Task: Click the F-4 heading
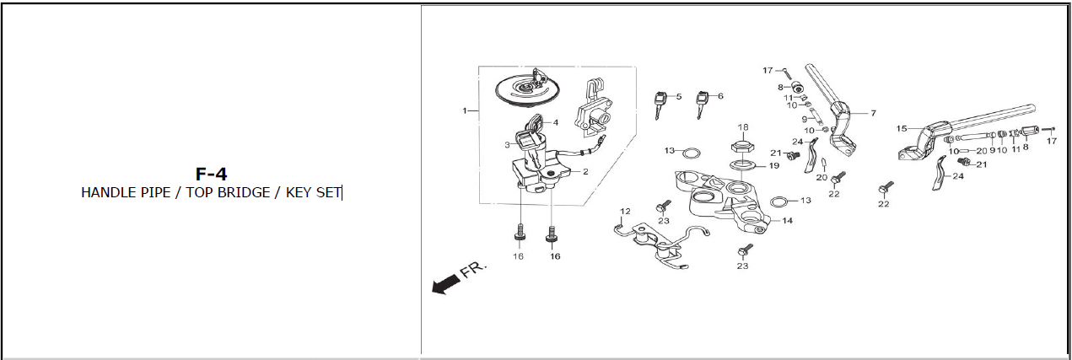211,174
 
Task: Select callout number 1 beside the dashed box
464,111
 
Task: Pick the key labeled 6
703,105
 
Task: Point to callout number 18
743,127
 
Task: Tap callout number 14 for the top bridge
787,220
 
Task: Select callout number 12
625,212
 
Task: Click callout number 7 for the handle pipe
873,113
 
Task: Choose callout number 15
902,129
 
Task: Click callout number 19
774,166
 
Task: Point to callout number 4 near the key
556,122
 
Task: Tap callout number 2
585,172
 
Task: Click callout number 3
507,145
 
